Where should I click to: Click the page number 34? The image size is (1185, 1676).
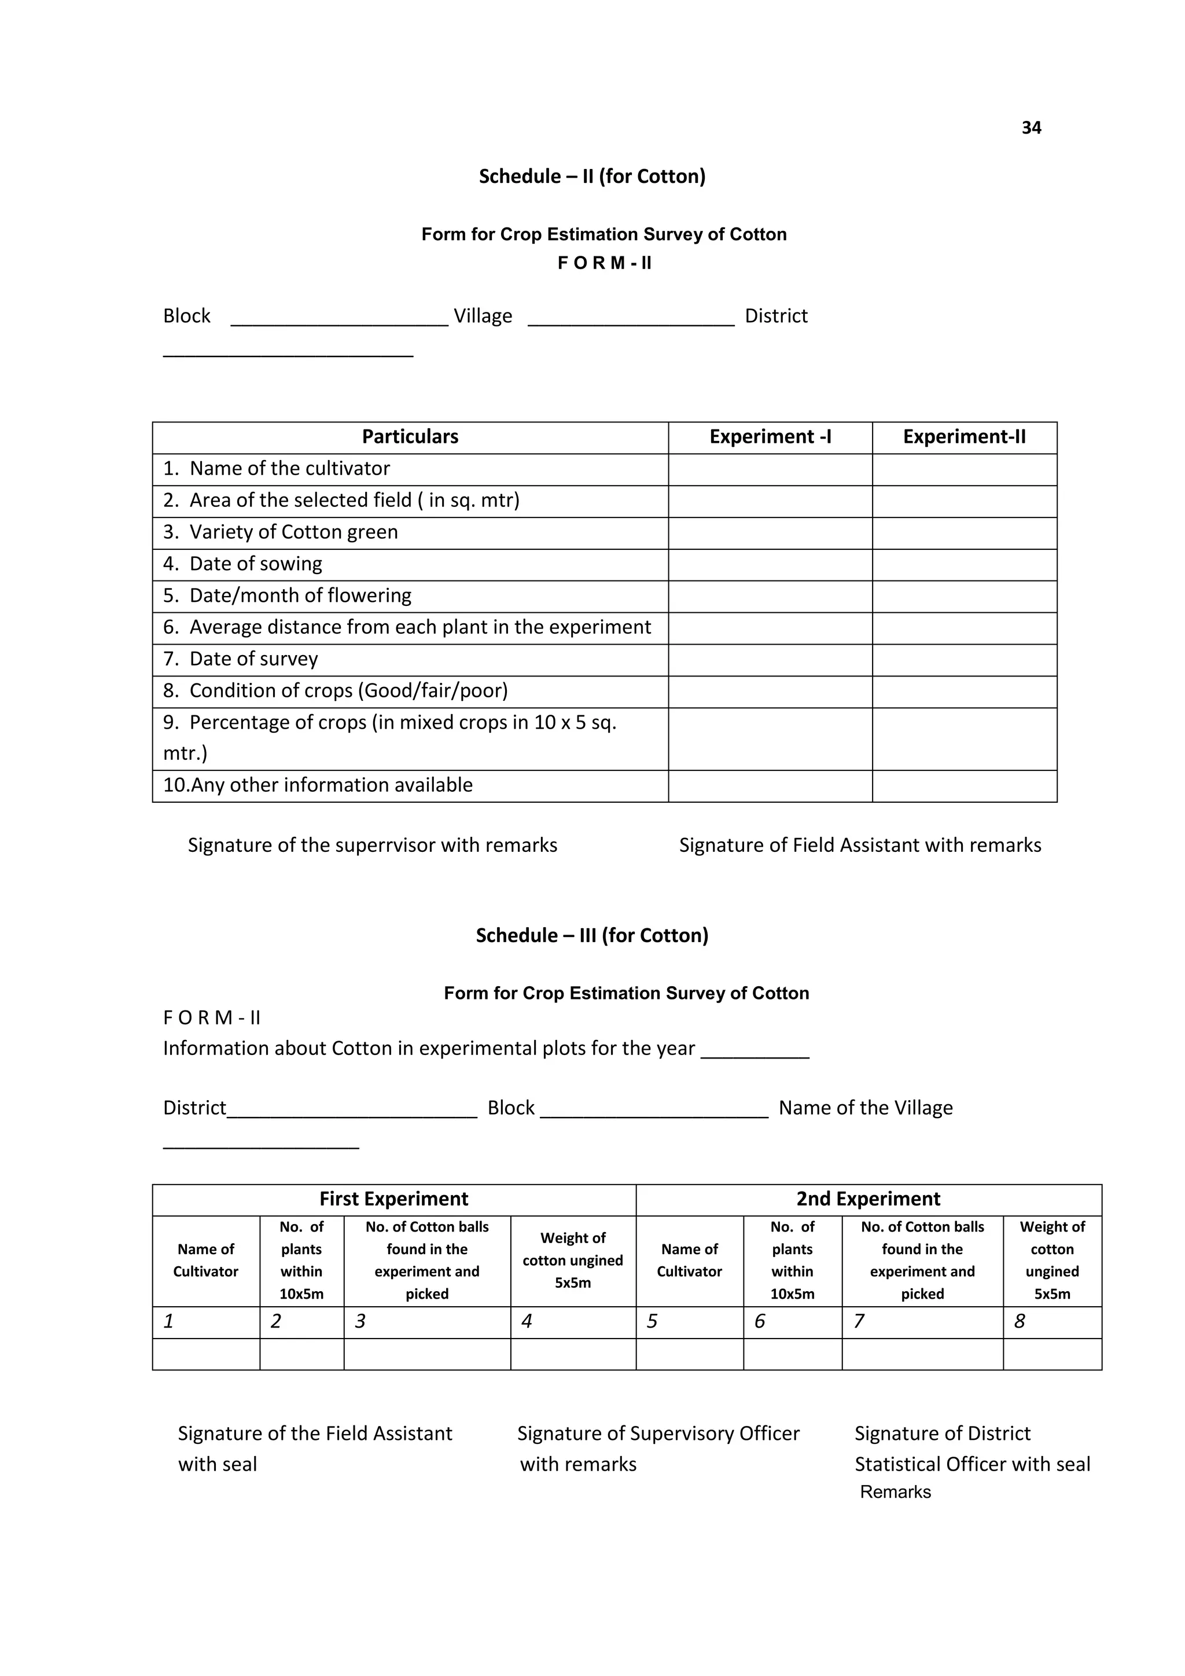tap(1031, 128)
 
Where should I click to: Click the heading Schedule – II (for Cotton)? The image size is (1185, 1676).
tap(592, 176)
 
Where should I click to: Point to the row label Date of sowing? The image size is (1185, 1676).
tap(255, 564)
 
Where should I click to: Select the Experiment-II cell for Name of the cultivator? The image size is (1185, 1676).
tap(964, 469)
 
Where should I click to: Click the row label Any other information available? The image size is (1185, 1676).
tap(318, 785)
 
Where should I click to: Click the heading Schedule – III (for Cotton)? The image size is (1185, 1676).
tap(592, 935)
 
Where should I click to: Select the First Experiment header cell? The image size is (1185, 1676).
tap(393, 1199)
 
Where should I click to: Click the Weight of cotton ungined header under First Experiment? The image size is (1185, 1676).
tap(573, 1260)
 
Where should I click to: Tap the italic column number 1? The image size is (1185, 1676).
tap(168, 1321)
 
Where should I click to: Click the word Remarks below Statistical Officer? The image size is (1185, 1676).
tap(895, 1491)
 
